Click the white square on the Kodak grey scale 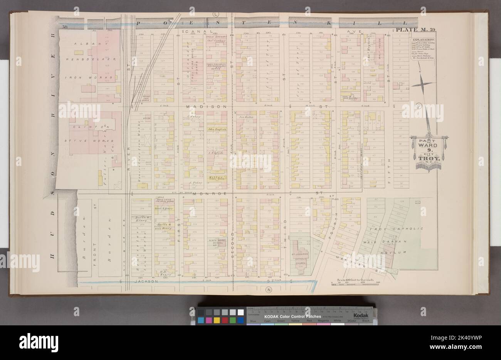point(241,312)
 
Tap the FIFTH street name point(389,165)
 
